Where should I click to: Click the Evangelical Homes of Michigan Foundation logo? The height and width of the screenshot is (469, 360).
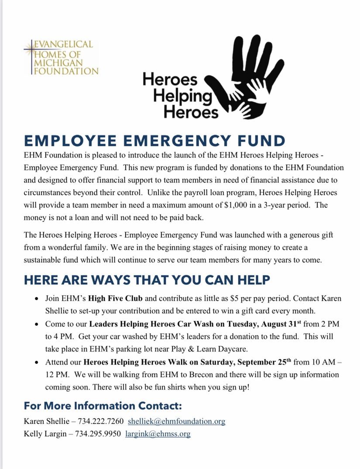click(x=62, y=58)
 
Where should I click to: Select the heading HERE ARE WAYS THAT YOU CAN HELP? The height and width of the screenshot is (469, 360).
click(x=147, y=279)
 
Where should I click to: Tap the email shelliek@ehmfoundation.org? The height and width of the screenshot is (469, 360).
click(x=176, y=421)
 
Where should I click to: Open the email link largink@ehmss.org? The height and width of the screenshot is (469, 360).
click(x=158, y=434)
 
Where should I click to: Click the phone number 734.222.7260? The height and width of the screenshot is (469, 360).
click(x=99, y=421)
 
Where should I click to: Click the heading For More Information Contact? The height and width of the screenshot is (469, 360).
click(x=103, y=406)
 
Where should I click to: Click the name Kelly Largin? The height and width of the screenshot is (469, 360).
click(x=45, y=434)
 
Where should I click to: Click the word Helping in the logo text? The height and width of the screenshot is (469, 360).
click(x=182, y=96)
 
